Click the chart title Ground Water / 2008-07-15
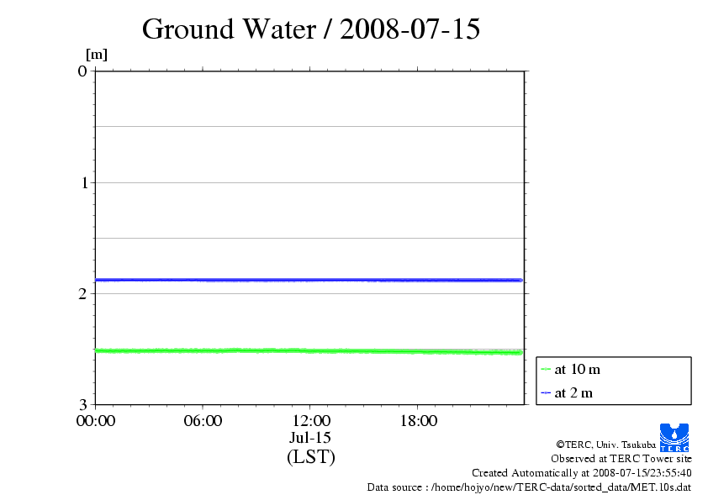coord(311,29)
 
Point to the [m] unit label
coord(97,55)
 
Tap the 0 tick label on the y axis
coord(82,71)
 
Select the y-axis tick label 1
coord(82,182)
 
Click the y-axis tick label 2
coord(82,293)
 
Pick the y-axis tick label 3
coord(82,405)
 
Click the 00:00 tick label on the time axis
coord(96,421)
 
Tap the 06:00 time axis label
coord(203,421)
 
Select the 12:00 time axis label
coord(310,421)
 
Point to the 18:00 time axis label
coord(418,421)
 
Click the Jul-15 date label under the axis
coord(310,438)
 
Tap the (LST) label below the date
coord(310,457)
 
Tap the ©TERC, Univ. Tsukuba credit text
coord(606,444)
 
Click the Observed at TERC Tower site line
coord(621,459)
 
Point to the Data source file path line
coord(529,487)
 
